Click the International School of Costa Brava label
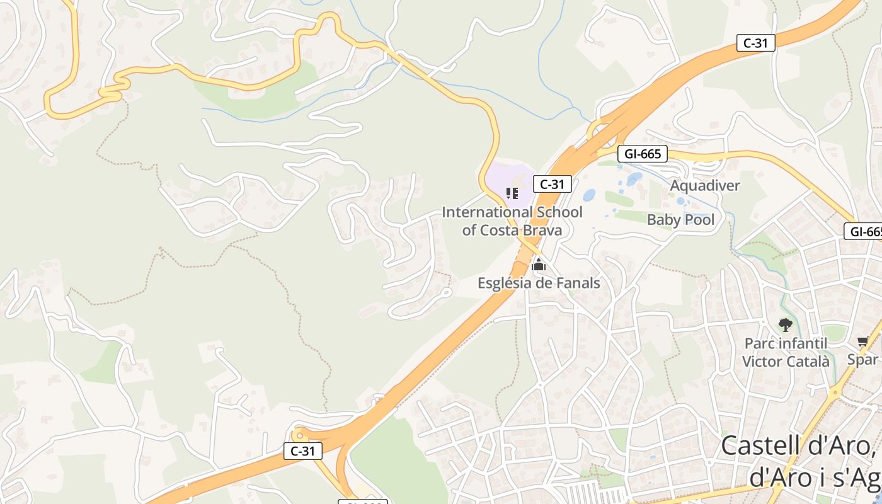click(512, 221)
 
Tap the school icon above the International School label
click(512, 193)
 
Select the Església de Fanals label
click(539, 283)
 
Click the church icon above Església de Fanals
click(539, 265)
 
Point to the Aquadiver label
click(704, 186)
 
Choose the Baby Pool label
click(681, 220)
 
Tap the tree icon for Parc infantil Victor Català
click(785, 325)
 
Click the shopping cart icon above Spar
click(862, 341)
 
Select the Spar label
click(862, 360)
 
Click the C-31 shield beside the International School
click(552, 184)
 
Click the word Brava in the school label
click(541, 231)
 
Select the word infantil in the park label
click(802, 343)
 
